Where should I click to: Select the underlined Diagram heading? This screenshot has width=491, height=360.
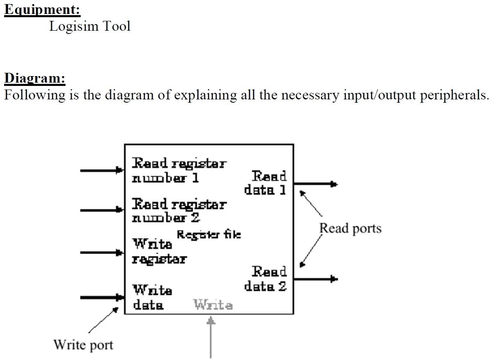(35, 77)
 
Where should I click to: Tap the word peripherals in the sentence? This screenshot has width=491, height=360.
(455, 95)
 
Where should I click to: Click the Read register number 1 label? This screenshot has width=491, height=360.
(179, 171)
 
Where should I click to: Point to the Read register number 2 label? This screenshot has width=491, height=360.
(179, 210)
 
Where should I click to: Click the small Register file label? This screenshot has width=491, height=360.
(208, 235)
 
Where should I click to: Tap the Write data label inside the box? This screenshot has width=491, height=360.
(152, 297)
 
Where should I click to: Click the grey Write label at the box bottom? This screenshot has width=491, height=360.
(213, 305)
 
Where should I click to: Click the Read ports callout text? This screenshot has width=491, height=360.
(350, 228)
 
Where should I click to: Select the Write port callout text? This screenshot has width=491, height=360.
(83, 344)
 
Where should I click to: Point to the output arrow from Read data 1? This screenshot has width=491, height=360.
(315, 184)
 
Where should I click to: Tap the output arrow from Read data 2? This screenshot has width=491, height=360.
(315, 279)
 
